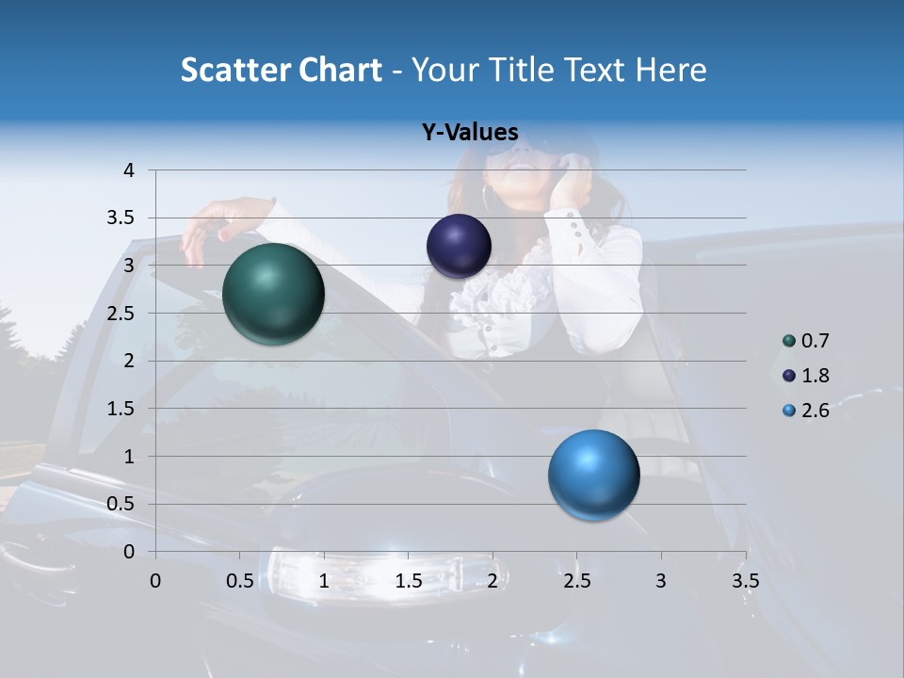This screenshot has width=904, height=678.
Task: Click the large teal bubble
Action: (x=274, y=294)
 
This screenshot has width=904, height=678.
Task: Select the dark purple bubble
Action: (x=459, y=246)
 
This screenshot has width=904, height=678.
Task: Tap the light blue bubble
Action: (x=593, y=475)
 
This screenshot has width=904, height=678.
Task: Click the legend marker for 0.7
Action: (x=789, y=341)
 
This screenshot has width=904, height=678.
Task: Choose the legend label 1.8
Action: (x=815, y=376)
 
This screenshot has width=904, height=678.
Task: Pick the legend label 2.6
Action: (x=815, y=411)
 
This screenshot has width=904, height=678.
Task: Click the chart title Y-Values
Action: (x=470, y=133)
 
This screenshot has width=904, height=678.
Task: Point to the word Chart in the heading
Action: (x=339, y=70)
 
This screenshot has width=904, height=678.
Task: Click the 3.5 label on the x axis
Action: (x=745, y=581)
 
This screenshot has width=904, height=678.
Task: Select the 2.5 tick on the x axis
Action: (x=576, y=581)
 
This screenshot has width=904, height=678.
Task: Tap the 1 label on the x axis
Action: (x=324, y=581)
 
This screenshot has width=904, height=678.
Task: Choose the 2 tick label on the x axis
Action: (x=492, y=581)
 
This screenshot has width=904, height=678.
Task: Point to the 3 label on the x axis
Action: (x=661, y=581)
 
